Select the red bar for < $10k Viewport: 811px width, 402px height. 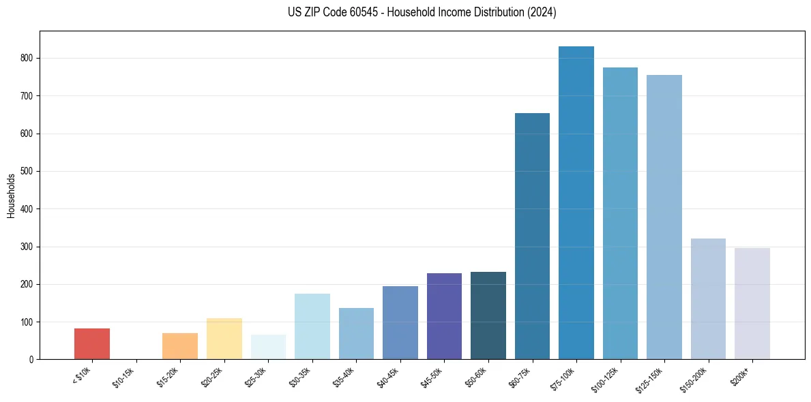point(92,343)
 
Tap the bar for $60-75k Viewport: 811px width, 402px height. point(532,236)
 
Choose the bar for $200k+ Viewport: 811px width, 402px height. point(752,303)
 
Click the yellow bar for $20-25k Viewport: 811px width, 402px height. point(224,339)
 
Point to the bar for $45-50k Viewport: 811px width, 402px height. point(444,316)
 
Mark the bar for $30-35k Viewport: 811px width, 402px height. point(312,326)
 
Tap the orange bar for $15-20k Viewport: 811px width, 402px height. point(180,346)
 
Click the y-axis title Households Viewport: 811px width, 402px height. point(12,196)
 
